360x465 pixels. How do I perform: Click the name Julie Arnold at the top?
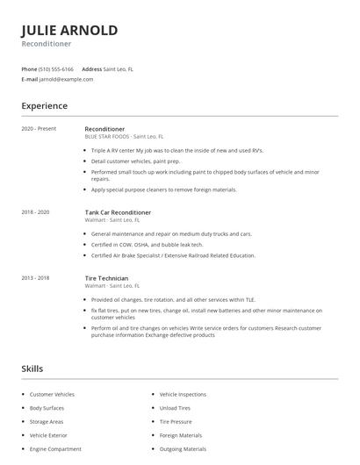coord(69,30)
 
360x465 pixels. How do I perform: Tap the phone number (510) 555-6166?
coord(57,68)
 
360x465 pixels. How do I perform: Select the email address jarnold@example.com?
coord(67,79)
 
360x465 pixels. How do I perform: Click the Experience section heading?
coord(44,106)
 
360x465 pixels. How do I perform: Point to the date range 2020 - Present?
coord(39,129)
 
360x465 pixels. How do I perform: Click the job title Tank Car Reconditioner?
coord(118,212)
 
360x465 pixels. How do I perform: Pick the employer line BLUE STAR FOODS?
coord(124,137)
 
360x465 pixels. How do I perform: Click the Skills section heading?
coord(32,368)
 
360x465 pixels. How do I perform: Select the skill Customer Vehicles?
coord(52,395)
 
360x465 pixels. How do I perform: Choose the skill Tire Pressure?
coord(176,421)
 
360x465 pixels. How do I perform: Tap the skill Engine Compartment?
coord(54,448)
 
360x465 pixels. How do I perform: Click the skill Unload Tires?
coord(175,408)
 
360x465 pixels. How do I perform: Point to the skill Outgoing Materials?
coord(182,448)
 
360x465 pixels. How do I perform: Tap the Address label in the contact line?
coord(91,68)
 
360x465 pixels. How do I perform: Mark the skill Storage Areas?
coord(46,421)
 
